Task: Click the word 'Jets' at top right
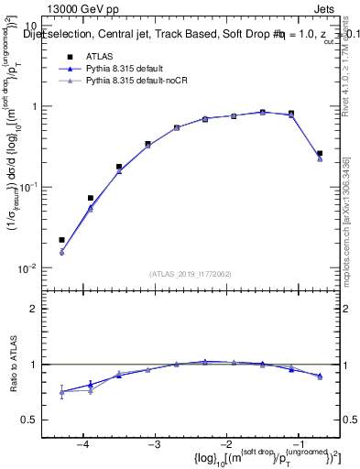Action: click(x=324, y=8)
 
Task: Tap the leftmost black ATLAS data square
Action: click(x=61, y=240)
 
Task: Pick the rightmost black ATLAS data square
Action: click(x=320, y=154)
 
